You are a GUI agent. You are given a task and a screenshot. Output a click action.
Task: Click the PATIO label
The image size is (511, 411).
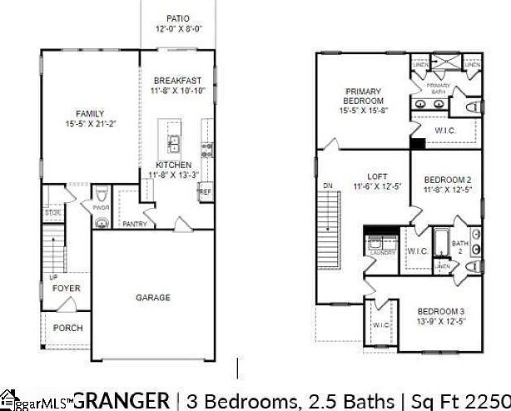tap(178, 17)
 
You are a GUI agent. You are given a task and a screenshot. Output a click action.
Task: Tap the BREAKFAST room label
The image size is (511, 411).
tap(176, 80)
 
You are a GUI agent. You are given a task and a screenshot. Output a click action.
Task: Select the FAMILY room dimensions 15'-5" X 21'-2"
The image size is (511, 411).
tap(90, 124)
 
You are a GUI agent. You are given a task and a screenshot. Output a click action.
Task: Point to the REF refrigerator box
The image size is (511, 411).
tap(205, 191)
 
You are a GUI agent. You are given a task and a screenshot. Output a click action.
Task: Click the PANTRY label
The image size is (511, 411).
tap(135, 224)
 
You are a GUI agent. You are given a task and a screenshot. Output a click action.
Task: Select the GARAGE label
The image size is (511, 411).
tap(153, 297)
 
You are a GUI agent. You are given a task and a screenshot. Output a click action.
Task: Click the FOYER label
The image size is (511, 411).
tap(67, 289)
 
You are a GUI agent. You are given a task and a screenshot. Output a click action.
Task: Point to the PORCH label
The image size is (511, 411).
tap(68, 328)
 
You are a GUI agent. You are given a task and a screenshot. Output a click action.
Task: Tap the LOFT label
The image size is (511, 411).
tap(378, 176)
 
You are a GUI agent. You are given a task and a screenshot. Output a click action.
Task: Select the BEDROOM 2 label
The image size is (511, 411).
tap(448, 180)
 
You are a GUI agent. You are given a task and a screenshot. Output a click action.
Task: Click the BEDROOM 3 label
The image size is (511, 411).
tap(442, 311)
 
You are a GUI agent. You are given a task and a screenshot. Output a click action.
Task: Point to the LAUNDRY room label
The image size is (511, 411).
tap(382, 252)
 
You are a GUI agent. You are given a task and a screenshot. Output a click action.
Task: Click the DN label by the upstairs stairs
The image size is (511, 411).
tap(328, 185)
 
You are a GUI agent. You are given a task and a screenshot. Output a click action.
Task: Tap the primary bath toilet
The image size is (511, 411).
tap(474, 107)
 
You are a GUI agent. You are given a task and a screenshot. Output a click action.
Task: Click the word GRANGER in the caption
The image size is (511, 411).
tap(122, 399)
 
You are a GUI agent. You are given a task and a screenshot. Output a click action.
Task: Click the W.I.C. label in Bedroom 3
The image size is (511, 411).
tap(381, 324)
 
